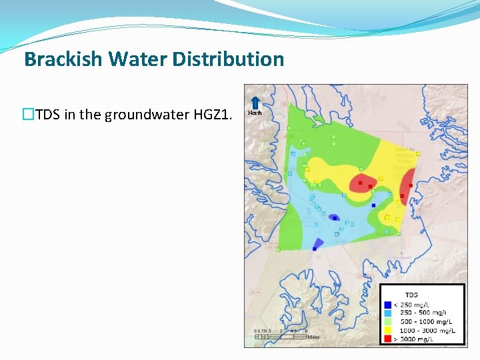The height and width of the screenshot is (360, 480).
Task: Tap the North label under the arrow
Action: pos(255,113)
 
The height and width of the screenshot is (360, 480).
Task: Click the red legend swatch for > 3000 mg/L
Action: pos(387,339)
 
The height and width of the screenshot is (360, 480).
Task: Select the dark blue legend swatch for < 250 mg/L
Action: pos(387,304)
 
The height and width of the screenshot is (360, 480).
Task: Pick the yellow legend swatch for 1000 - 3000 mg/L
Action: pos(387,330)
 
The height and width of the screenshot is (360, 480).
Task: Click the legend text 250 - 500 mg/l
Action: pos(423,313)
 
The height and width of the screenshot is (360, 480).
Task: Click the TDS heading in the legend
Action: pos(411,295)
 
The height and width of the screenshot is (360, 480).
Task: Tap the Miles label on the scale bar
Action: pos(313,337)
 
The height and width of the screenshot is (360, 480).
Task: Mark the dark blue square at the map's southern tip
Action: pos(314,249)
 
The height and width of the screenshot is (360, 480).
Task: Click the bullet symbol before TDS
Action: pos(28,115)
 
